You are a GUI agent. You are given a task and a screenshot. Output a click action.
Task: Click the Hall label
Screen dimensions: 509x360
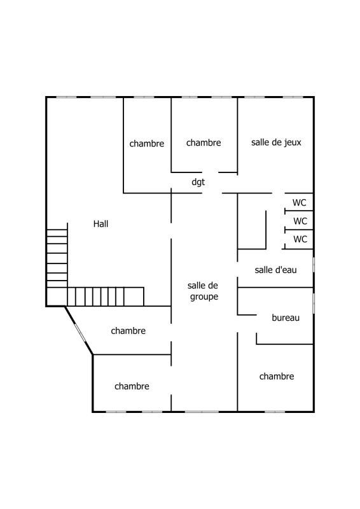pyautogui.click(x=100, y=224)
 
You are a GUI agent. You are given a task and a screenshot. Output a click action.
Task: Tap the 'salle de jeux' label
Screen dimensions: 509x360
pyautogui.click(x=276, y=143)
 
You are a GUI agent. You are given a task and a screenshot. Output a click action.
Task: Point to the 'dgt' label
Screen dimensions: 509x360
pyautogui.click(x=198, y=182)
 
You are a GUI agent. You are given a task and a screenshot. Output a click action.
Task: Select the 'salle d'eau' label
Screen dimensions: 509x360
pyautogui.click(x=276, y=270)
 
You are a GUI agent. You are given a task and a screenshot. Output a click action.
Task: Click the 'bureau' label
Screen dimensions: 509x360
pyautogui.click(x=286, y=317)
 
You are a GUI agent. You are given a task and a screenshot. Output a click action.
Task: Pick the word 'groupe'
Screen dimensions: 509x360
pyautogui.click(x=204, y=296)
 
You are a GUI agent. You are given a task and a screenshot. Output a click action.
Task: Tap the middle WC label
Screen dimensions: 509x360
pyautogui.click(x=300, y=221)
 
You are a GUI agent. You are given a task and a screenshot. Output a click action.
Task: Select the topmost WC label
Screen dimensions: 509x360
pyautogui.click(x=300, y=203)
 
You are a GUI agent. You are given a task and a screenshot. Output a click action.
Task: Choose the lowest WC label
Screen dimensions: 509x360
pyautogui.click(x=300, y=239)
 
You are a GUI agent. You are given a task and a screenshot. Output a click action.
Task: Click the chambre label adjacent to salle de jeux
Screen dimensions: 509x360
pyautogui.click(x=204, y=143)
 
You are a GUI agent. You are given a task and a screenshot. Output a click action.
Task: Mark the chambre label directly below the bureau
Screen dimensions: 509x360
pyautogui.click(x=277, y=376)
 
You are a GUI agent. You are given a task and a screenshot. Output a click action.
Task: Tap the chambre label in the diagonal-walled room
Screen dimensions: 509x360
pyautogui.click(x=128, y=331)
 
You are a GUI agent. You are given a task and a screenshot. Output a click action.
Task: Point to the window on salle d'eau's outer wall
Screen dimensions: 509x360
pyautogui.click(x=314, y=265)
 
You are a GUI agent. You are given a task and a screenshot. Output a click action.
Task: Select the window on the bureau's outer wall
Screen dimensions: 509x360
pyautogui.click(x=314, y=303)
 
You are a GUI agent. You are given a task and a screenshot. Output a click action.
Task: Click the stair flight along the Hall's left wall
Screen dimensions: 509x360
pyautogui.click(x=57, y=258)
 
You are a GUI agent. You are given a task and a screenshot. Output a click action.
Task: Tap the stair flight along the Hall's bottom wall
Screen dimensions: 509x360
pyautogui.click(x=106, y=297)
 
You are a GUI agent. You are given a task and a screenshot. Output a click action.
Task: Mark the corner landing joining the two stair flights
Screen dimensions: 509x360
pyautogui.click(x=57, y=297)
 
